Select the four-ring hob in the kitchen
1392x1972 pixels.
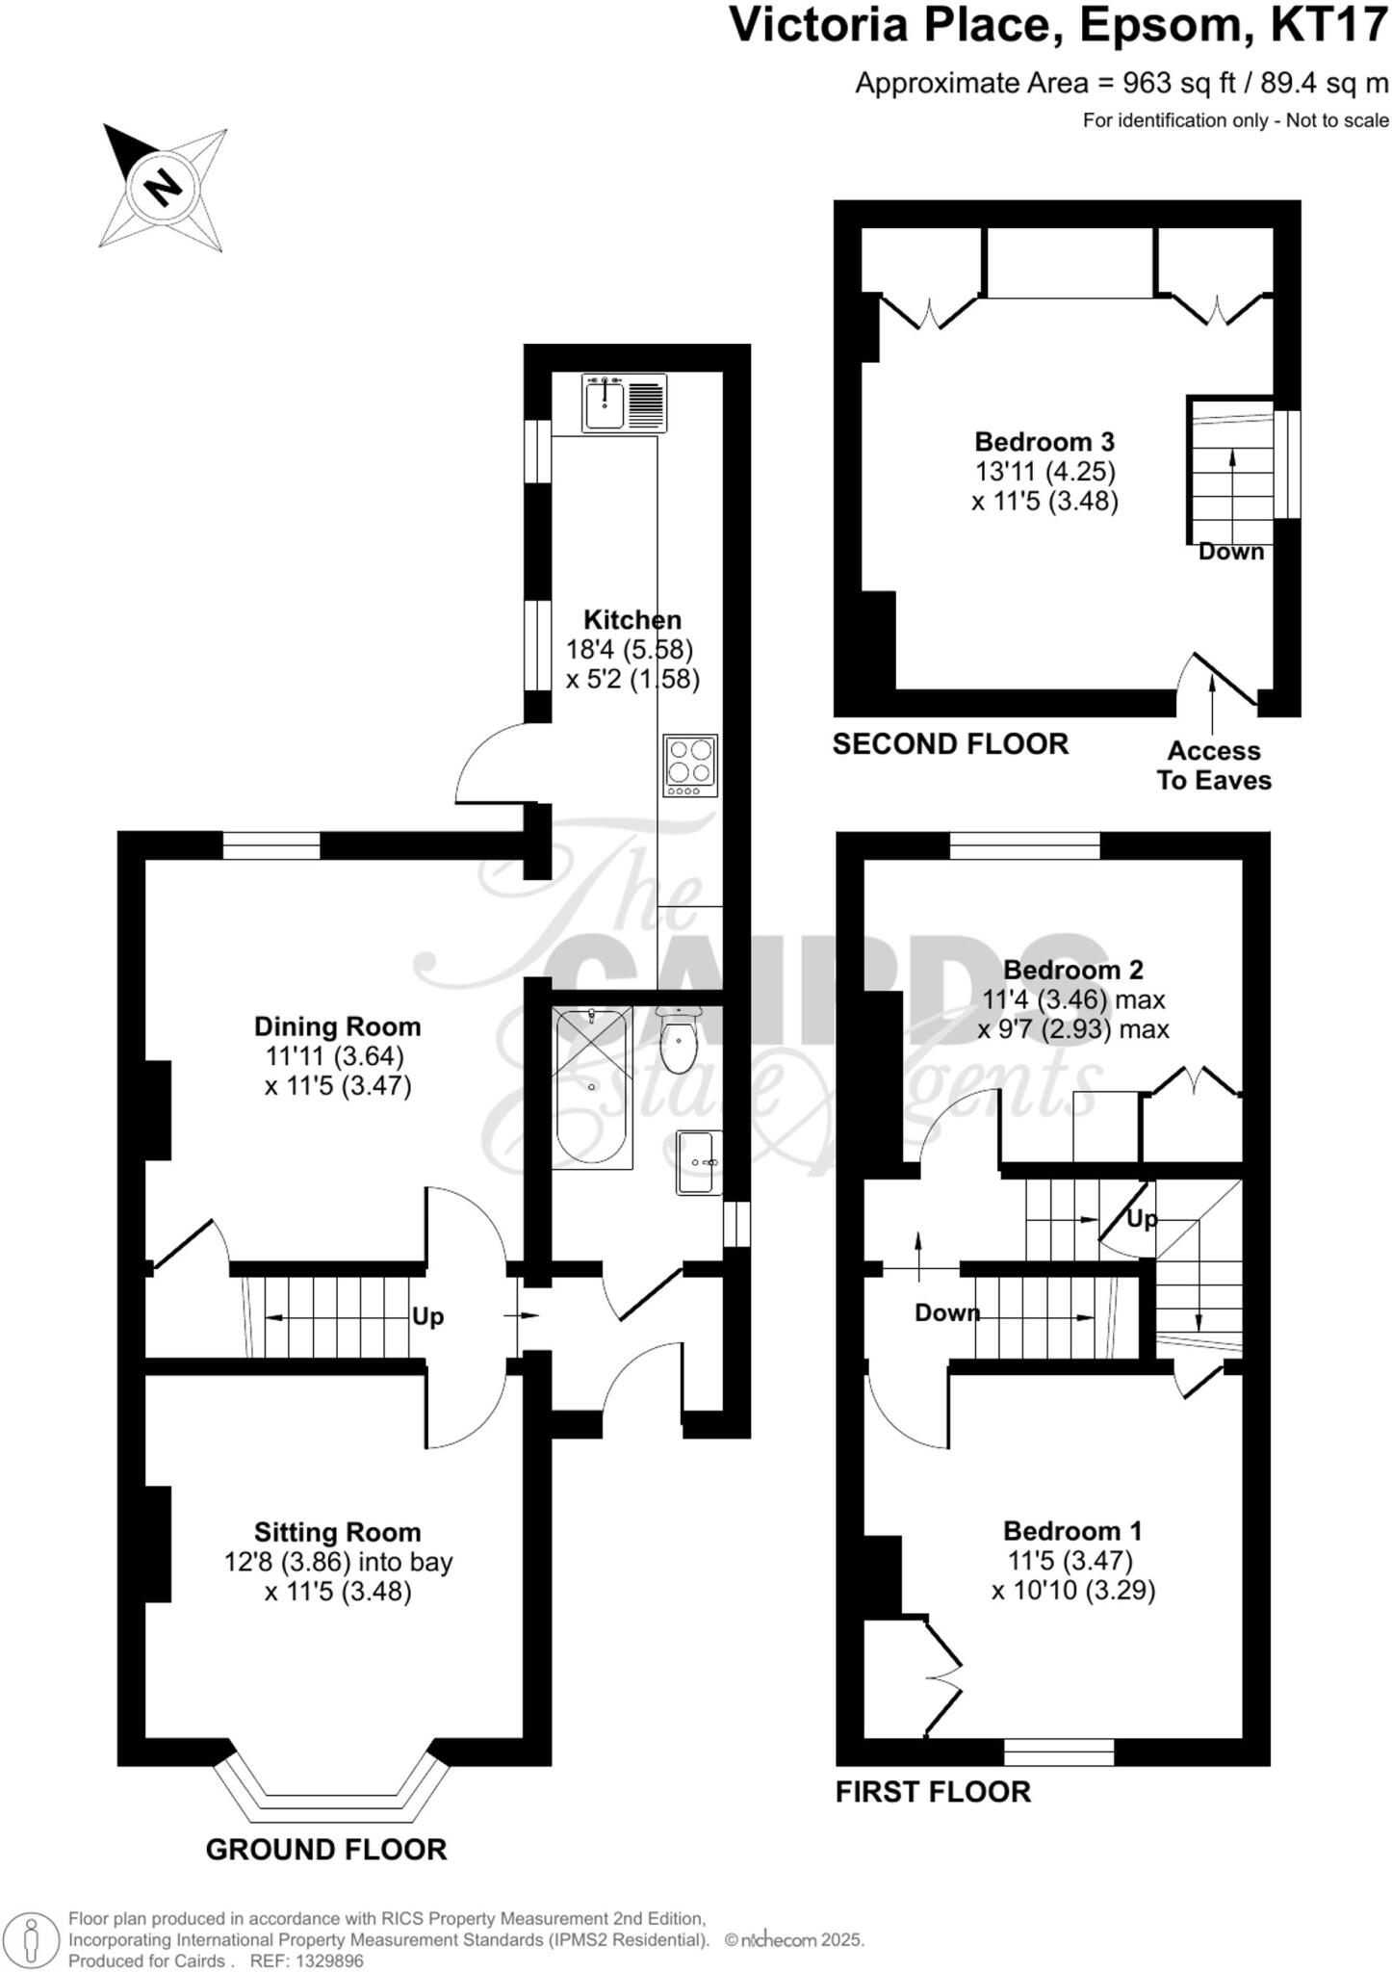pyautogui.click(x=690, y=765)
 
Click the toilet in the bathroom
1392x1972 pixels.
pyautogui.click(x=680, y=1042)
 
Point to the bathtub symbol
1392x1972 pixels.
pyautogui.click(x=592, y=1087)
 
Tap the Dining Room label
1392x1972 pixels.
pyautogui.click(x=337, y=1026)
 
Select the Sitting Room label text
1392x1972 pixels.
pyautogui.click(x=337, y=1532)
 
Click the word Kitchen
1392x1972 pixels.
pyautogui.click(x=632, y=620)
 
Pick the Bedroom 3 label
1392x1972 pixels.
pyautogui.click(x=1044, y=442)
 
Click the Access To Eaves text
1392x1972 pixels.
pyautogui.click(x=1214, y=765)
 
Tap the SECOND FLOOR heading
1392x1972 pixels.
pyautogui.click(x=950, y=744)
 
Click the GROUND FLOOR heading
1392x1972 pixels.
pyautogui.click(x=326, y=1850)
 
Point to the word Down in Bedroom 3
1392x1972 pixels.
pyautogui.click(x=1230, y=552)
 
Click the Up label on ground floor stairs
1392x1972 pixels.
pyautogui.click(x=427, y=1316)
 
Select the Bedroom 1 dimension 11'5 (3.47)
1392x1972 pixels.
pyautogui.click(x=1070, y=1560)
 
